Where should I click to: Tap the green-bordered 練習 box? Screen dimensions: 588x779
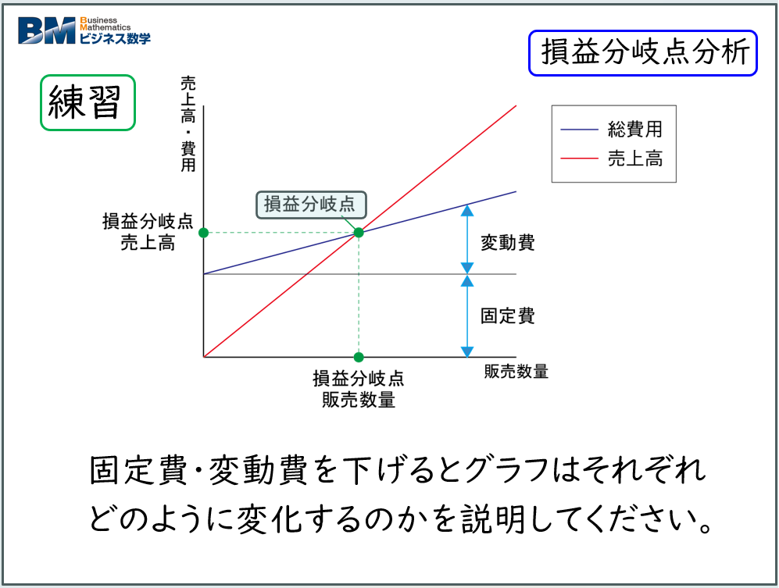(x=88, y=102)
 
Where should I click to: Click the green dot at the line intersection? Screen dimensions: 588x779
(x=359, y=233)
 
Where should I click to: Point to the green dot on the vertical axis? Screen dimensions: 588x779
(x=203, y=233)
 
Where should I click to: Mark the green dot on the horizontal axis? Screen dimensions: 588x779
(x=359, y=358)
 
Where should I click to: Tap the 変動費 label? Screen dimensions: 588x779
(x=507, y=242)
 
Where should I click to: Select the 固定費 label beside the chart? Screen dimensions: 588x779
(x=507, y=316)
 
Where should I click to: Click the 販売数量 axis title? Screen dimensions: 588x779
(x=516, y=372)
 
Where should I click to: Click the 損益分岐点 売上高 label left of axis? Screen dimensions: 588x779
(x=148, y=232)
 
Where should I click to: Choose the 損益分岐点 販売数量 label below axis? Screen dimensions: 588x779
(x=359, y=389)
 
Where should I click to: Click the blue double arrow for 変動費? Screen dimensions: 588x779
(x=467, y=239)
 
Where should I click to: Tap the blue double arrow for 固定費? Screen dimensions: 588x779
(x=467, y=315)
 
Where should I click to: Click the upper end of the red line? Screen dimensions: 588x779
(x=516, y=105)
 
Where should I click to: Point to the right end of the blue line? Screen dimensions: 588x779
(x=516, y=191)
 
